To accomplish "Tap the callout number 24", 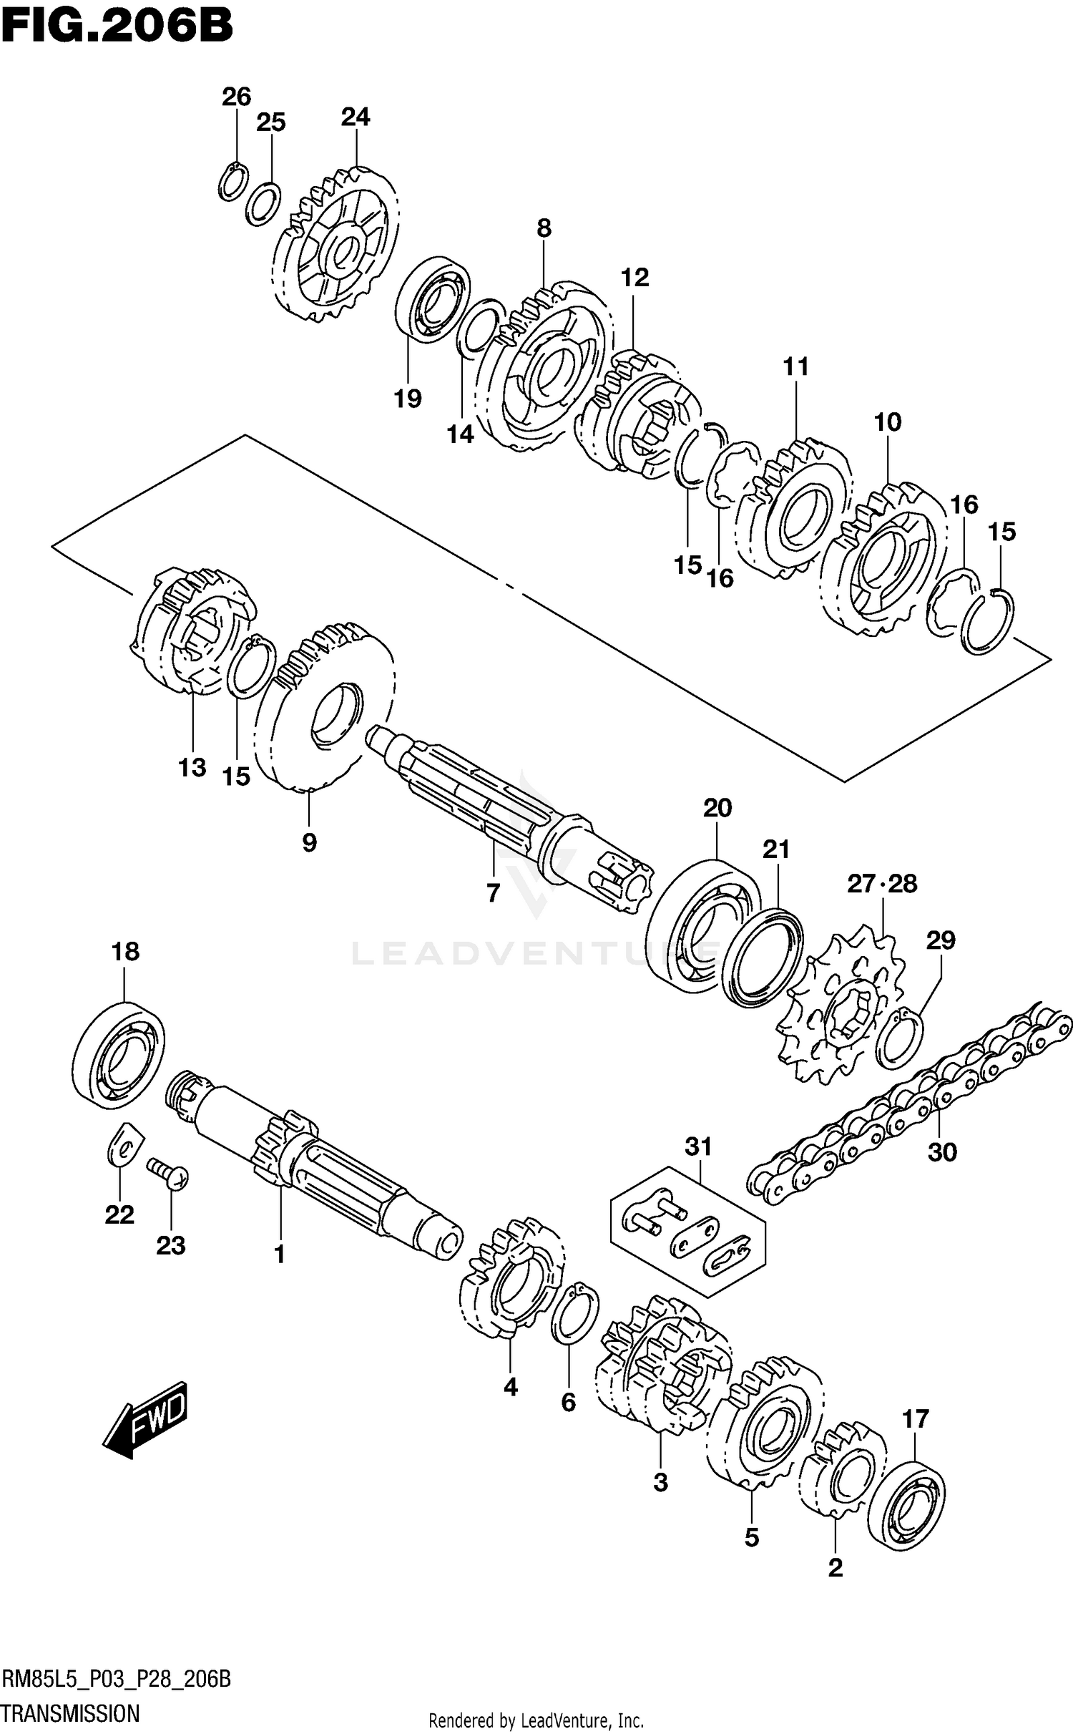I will [x=355, y=117].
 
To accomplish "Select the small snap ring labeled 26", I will [x=232, y=183].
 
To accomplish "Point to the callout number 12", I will [x=635, y=278].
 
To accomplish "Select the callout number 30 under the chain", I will [x=941, y=1152].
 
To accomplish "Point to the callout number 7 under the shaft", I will [x=492, y=893].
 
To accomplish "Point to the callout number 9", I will [x=308, y=843].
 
